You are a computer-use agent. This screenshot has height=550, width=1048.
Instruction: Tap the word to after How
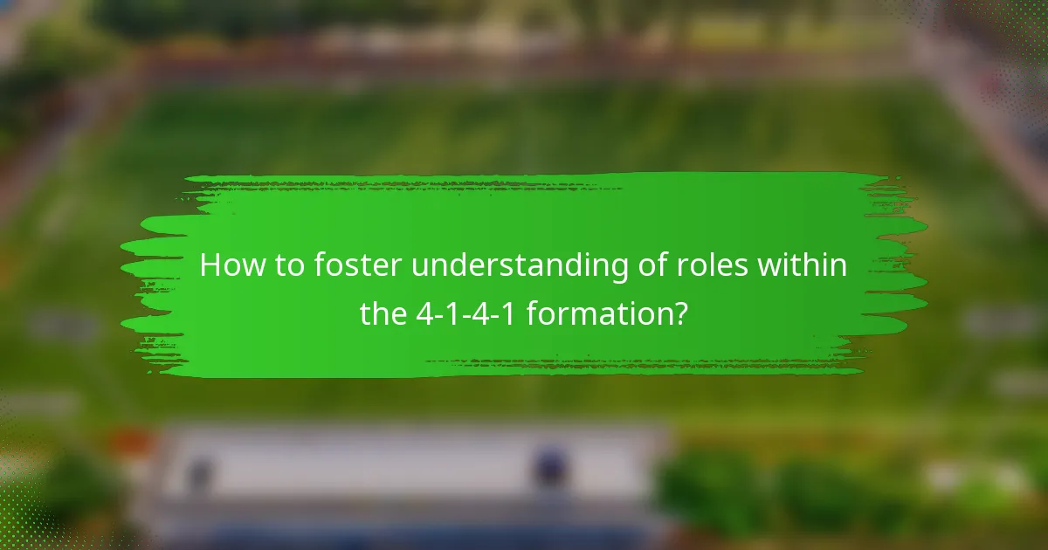click(285, 265)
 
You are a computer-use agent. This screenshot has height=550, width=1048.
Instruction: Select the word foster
click(355, 265)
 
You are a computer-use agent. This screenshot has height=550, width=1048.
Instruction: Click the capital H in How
click(210, 265)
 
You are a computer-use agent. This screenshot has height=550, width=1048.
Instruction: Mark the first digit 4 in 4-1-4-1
click(423, 313)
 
